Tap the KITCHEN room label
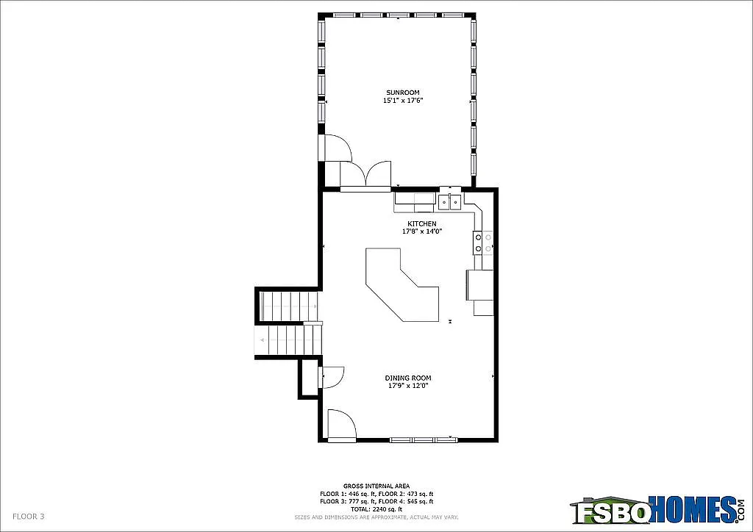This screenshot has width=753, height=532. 422,223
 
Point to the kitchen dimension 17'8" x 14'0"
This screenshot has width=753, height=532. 422,231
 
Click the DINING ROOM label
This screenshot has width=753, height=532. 408,378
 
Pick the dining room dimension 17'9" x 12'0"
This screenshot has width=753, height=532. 408,386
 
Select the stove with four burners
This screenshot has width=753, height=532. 482,243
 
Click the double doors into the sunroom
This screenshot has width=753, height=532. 366,174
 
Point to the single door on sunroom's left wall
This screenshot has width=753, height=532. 337,147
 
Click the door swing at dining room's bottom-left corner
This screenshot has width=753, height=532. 340,424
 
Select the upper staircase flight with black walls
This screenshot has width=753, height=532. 288,305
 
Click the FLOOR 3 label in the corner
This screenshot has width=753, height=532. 29,517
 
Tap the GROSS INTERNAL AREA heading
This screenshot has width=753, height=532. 377,486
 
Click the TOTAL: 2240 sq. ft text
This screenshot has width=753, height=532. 377,508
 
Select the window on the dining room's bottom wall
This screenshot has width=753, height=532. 422,439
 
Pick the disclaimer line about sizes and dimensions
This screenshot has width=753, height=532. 377,517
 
